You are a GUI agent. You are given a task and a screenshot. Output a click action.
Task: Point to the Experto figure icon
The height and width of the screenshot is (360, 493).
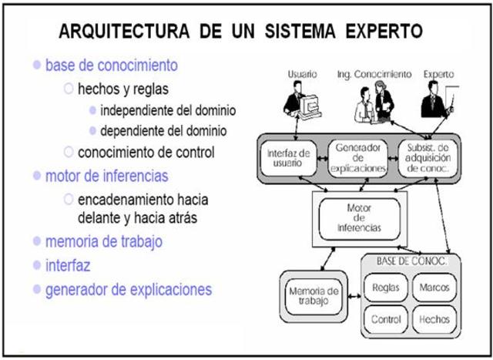click(434, 105)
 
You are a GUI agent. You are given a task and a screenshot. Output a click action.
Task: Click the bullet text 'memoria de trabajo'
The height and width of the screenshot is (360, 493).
click(104, 242)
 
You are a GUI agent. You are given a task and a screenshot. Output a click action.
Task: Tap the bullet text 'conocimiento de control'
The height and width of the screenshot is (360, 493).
click(146, 152)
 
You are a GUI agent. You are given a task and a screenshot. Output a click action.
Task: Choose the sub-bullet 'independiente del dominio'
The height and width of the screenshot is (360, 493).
click(168, 109)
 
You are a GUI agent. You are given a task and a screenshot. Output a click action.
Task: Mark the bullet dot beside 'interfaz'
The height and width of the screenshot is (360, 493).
click(36, 265)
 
